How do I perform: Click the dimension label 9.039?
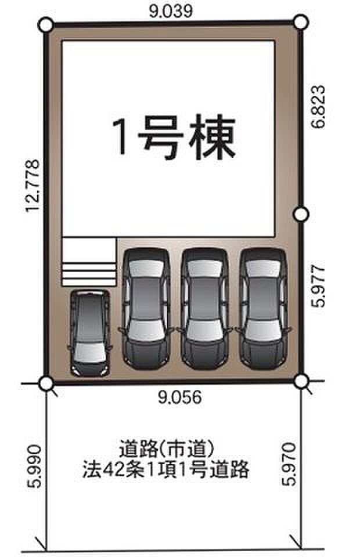pyautogui.click(x=170, y=10)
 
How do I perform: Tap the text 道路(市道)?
pyautogui.click(x=167, y=449)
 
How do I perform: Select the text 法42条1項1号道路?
pyautogui.click(x=167, y=469)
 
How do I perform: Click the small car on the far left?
pyautogui.click(x=89, y=332)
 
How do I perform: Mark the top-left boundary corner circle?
pyautogui.click(x=46, y=25)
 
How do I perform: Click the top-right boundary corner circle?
pyautogui.click(x=300, y=22)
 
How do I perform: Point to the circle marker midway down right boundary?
pyautogui.click(x=300, y=215)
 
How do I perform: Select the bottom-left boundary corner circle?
pyautogui.click(x=46, y=383)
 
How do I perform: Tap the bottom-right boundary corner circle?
pyautogui.click(x=301, y=381)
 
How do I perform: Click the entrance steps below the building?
pyautogui.click(x=89, y=261)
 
